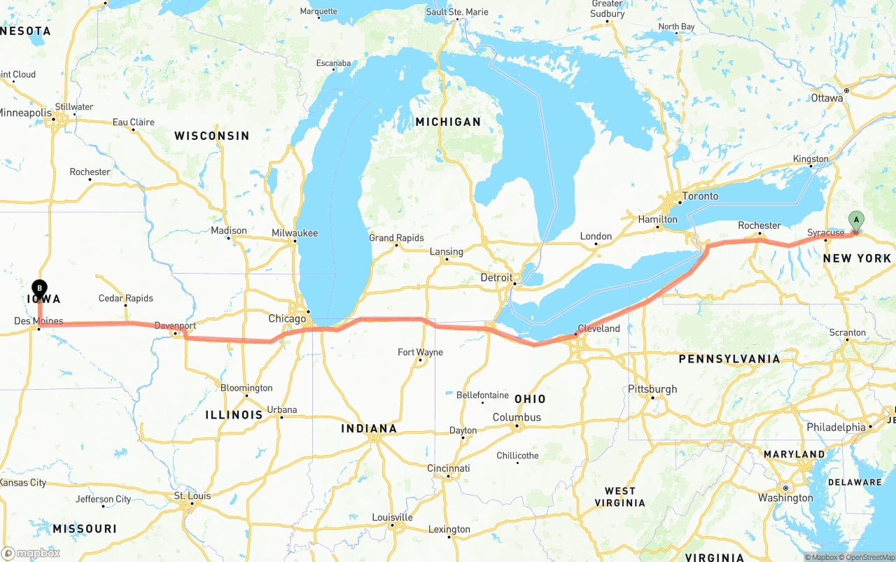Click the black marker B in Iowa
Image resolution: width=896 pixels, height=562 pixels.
40,288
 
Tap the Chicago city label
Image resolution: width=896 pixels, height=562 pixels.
287,319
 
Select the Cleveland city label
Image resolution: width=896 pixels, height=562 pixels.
598,328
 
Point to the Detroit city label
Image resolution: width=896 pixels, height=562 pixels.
496,278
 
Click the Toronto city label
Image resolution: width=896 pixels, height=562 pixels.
699,196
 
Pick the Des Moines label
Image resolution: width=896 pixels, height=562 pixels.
38,321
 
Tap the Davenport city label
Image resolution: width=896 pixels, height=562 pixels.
175,326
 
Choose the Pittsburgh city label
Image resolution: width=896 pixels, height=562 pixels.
652,389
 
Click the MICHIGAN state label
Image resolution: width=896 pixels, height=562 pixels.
448,122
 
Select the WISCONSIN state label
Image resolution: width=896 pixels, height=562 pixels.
211,136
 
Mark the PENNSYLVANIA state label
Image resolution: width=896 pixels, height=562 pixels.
729,359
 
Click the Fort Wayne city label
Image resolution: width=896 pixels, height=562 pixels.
420,352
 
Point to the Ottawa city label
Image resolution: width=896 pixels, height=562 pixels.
827,98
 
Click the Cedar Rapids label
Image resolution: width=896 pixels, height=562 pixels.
125,298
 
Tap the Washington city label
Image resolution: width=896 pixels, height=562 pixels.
785,498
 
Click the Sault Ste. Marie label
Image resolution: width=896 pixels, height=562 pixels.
458,12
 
